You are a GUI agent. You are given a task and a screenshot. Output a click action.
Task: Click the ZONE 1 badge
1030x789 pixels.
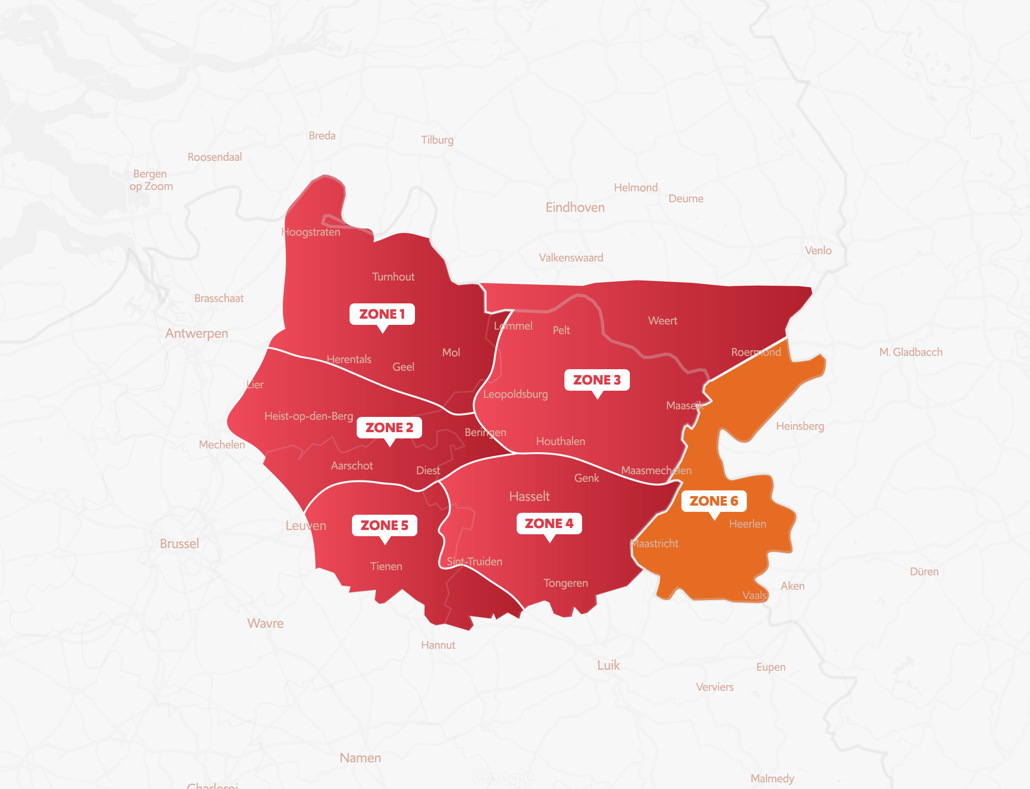[382, 314]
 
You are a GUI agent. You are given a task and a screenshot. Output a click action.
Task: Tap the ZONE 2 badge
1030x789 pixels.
[389, 427]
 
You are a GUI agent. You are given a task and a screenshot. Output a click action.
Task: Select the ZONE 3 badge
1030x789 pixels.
[596, 380]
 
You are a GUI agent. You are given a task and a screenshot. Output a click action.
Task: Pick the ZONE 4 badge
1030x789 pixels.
[549, 523]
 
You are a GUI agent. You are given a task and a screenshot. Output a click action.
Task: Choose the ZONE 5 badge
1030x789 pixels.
[384, 525]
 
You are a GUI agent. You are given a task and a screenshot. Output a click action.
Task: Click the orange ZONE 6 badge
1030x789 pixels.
[713, 501]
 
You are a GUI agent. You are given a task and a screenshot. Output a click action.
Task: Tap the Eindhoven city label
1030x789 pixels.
[575, 208]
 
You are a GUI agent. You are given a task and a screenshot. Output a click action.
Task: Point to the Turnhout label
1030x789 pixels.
[393, 277]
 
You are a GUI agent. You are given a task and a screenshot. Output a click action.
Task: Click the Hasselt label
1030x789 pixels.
[529, 497]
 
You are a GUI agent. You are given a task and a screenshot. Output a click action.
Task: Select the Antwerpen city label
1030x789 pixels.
[196, 333]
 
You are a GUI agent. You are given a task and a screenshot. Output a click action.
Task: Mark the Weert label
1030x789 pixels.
[662, 321]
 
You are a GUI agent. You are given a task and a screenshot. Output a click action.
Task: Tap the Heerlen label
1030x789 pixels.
[747, 524]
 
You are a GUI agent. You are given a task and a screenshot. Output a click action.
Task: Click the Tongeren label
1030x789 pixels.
[565, 583]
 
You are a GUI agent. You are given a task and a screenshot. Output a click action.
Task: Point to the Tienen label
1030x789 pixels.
[386, 566]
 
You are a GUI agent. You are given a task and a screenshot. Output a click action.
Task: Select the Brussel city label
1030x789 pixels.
[179, 544]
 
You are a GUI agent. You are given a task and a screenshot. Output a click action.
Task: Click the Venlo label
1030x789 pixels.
[818, 250]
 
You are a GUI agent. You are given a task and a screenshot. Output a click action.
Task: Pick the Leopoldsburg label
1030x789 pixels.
[515, 394]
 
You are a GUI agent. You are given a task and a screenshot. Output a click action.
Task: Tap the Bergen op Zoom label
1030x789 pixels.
[151, 180]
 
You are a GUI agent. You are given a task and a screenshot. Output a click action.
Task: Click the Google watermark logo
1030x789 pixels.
[502, 778]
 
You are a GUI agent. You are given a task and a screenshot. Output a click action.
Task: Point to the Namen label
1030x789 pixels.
[360, 758]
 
